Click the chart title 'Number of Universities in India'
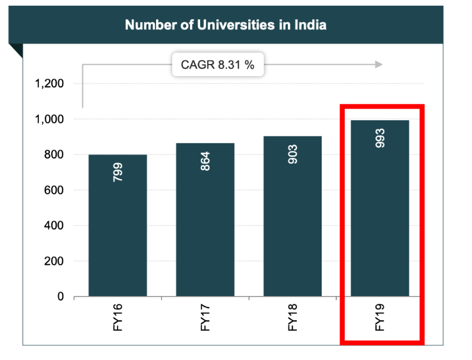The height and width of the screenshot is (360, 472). [226, 26]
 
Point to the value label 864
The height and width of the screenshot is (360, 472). [206, 160]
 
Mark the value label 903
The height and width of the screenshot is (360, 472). [293, 153]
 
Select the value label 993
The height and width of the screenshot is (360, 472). [380, 137]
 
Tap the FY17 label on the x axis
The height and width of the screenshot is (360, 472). [206, 317]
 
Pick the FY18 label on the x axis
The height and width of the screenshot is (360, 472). [293, 317]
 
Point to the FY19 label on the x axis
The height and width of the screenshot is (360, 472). [380, 317]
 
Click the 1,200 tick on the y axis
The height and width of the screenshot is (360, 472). [49, 84]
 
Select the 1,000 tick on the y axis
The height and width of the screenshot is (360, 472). [49, 120]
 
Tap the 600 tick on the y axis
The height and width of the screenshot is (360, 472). [54, 191]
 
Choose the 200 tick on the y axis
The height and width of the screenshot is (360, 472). [54, 262]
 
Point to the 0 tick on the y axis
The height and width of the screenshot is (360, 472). [61, 297]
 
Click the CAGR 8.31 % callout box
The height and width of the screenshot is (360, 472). [217, 64]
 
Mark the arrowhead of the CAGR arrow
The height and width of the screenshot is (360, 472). [379, 64]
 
